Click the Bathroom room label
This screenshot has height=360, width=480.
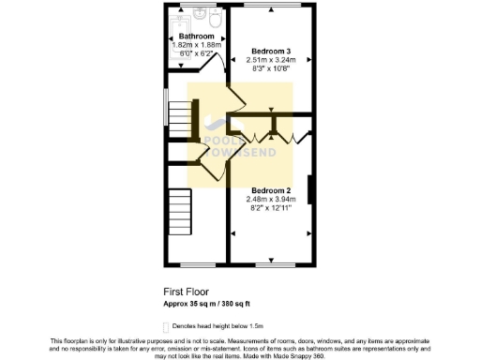pos(196,37)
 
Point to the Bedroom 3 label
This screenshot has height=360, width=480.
pos(271,50)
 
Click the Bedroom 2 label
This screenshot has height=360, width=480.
pos(271,190)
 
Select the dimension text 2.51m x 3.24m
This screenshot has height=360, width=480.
pos(271,59)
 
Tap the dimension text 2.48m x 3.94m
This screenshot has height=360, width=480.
pos(271,199)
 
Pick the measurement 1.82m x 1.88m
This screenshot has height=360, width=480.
pos(196,46)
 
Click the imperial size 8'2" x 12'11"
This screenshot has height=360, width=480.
pos(271,208)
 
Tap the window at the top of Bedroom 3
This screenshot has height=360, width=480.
pos(271,8)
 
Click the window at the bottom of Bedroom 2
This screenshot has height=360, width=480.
pos(271,261)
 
